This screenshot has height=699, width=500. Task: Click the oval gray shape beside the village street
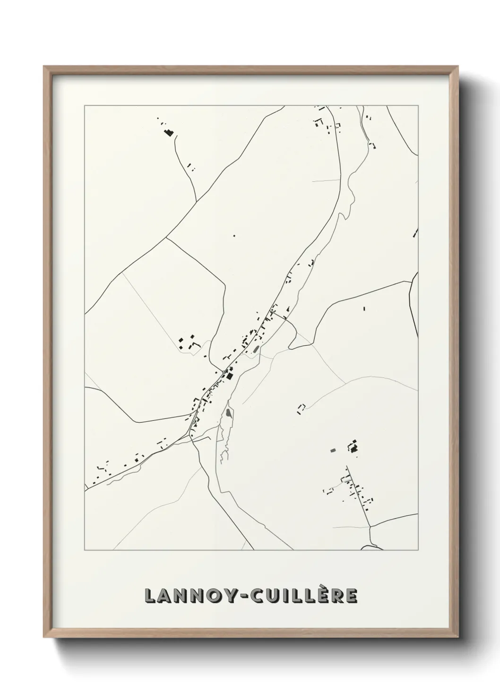pos(256,349)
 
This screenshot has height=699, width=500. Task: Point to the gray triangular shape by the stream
pos(229,413)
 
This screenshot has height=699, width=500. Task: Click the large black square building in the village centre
pos(230,376)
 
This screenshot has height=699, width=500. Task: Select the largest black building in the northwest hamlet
pos(167,133)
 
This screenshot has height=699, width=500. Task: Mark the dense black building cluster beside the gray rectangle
pos(353,446)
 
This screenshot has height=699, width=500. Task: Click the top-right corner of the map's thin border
pos(418,106)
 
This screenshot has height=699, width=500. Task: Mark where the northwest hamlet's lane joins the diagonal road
pos(196,202)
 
